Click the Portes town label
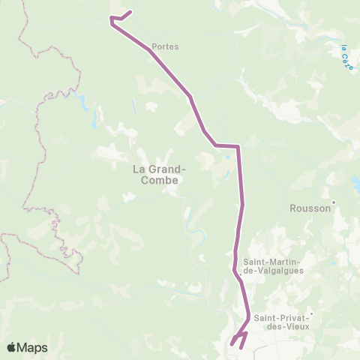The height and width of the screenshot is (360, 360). pyautogui.click(x=165, y=46)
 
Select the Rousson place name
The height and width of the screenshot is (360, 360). pyautogui.click(x=310, y=209)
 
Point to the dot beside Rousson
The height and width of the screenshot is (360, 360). pyautogui.click(x=334, y=201)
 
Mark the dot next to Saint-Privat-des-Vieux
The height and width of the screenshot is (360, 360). pyautogui.click(x=310, y=314)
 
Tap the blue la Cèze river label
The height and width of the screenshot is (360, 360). pyautogui.click(x=346, y=58)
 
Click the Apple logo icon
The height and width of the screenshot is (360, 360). pyautogui.click(x=12, y=348)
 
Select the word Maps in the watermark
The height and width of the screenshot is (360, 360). pyautogui.click(x=33, y=348)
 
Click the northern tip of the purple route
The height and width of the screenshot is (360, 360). pyautogui.click(x=131, y=11)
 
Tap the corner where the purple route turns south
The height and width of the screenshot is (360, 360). pyautogui.click(x=238, y=147)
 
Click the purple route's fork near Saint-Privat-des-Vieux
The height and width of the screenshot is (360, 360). pyautogui.click(x=244, y=331)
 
